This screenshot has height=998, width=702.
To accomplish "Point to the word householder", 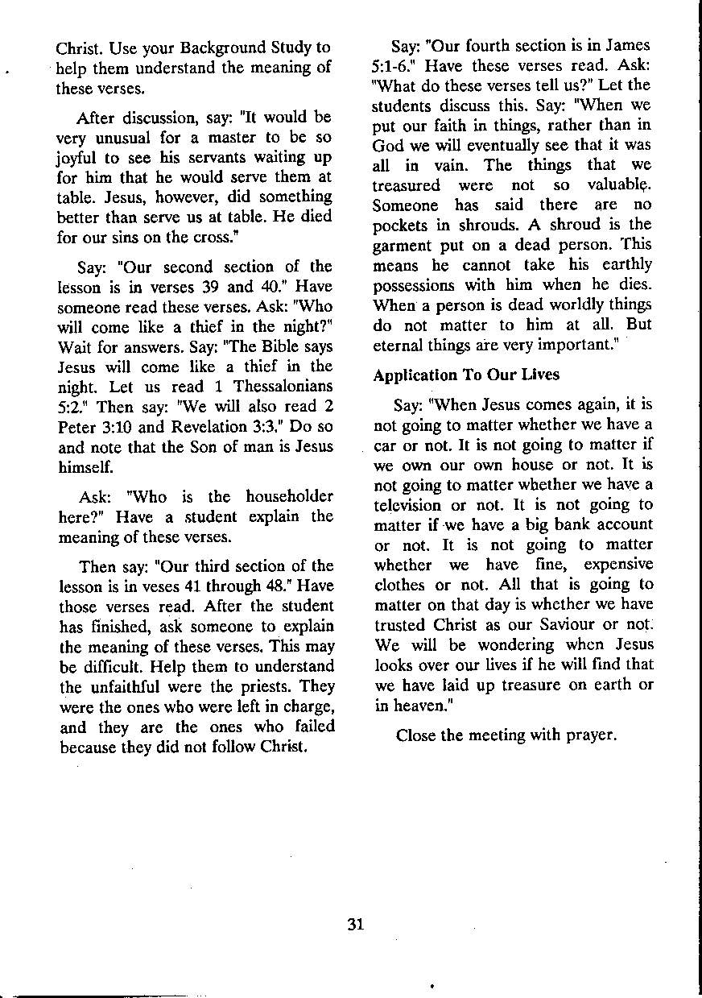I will [289, 496].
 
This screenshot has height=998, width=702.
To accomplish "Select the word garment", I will [404, 245].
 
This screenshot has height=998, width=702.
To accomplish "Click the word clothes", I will [402, 584].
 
